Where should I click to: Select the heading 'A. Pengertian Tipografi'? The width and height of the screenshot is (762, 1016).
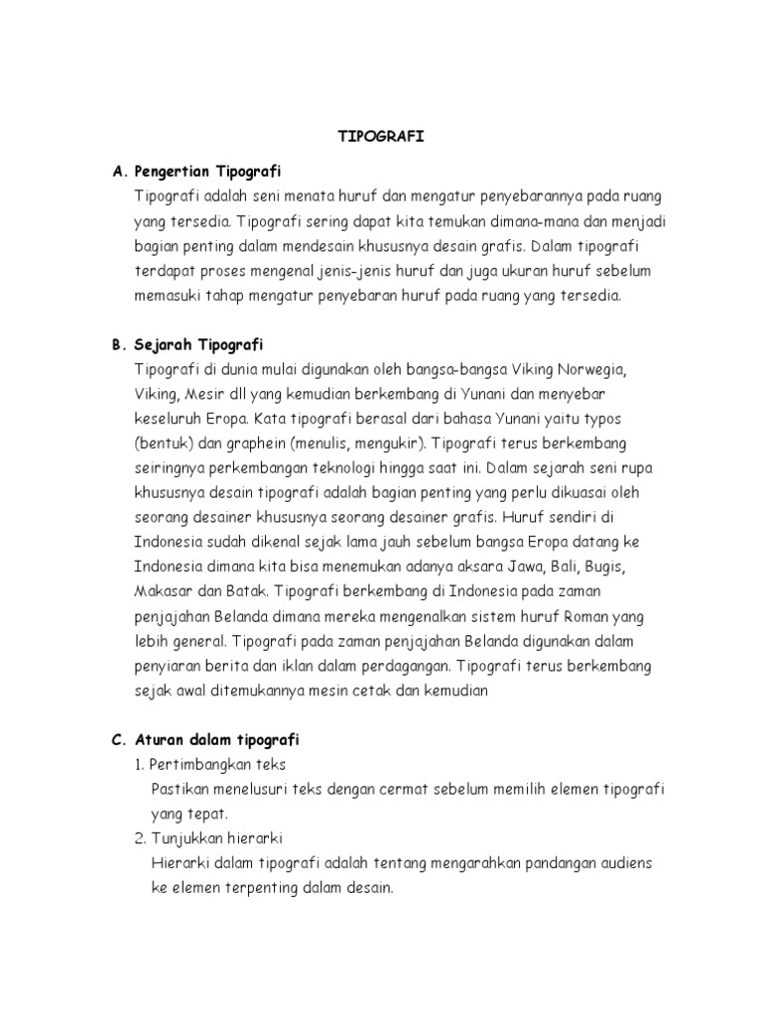(x=197, y=172)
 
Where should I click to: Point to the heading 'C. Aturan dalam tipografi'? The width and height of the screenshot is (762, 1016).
(x=206, y=739)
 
